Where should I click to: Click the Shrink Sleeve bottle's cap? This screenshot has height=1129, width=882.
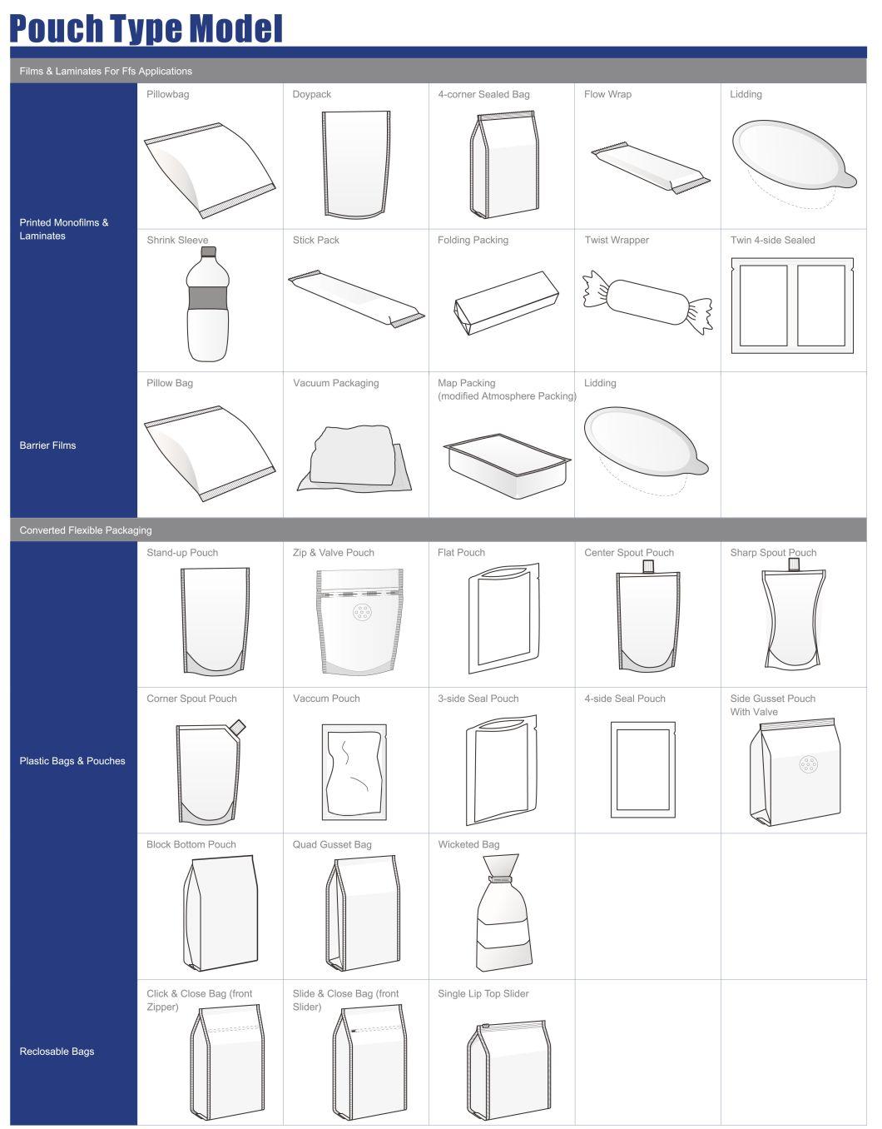coord(208,252)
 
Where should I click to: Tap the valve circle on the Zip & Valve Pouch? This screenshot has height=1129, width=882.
coord(362,613)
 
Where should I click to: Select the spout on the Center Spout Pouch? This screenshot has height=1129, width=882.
coord(648,567)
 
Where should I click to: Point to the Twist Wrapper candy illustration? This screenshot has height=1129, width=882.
coord(647,302)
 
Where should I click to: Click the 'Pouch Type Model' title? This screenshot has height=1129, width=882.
coord(146,28)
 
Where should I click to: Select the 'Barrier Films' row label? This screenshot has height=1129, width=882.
coord(47,445)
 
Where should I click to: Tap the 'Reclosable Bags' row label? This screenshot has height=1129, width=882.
coord(57,1051)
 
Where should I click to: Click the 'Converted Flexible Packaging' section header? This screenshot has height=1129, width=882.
coord(86,530)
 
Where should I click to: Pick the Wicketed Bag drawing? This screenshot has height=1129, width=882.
coord(504,913)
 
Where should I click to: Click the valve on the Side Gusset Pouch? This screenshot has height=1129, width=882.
coord(808,764)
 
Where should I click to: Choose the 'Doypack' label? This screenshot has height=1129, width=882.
coord(311,94)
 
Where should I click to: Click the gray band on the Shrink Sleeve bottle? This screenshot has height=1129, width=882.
coord(208,298)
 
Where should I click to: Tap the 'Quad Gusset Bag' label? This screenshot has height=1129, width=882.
coord(332,844)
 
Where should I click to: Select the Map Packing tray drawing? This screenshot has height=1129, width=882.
coord(508,465)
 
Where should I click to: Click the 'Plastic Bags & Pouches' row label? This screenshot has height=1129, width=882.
coord(72,761)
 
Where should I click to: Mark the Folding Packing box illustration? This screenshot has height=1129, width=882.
coord(506,302)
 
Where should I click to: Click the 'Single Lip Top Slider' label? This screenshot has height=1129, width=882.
coord(483,993)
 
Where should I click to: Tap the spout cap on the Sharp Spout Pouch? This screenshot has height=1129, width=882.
coord(793,564)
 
